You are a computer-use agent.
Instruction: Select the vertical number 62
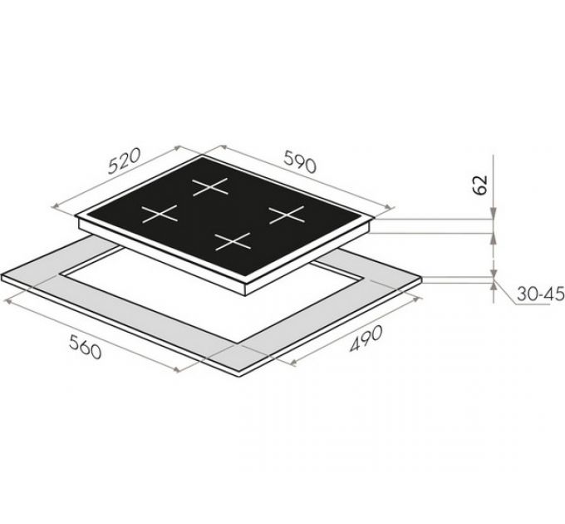(x=480, y=185)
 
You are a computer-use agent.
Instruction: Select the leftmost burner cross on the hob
(x=159, y=214)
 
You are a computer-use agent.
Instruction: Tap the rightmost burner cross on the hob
(x=287, y=215)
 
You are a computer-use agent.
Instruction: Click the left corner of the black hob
(x=78, y=219)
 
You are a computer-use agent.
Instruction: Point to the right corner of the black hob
(x=371, y=220)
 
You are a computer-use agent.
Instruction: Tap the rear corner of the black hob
(x=204, y=158)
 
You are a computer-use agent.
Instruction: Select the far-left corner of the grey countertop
(x=3, y=276)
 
